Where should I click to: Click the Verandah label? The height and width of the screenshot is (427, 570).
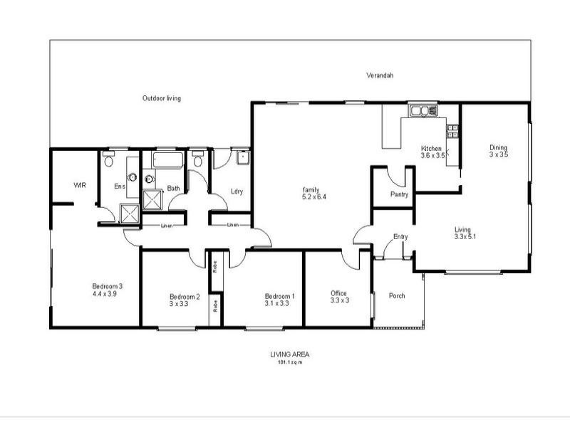coord(380,75)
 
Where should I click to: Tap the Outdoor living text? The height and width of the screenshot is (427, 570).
coord(161,98)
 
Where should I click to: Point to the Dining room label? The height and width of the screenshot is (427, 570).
coord(498,147)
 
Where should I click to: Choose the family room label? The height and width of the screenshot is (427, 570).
coord(310,189)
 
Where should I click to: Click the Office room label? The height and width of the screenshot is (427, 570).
coord(338,292)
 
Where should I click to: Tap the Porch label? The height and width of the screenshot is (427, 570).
coord(397,295)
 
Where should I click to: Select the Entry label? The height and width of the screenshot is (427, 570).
coord(400,237)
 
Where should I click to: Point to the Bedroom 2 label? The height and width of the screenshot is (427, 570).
coord(185,297)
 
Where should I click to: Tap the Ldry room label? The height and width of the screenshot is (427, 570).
coord(238,191)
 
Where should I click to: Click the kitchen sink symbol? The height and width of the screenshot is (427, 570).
coord(422,110)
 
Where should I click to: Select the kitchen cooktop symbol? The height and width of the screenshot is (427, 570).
coord(452,131)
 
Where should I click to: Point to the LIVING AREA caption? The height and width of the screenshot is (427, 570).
coord(289,354)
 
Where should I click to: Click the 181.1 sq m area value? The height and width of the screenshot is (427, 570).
coord(290,362)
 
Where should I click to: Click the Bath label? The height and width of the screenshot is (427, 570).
coord(174,189)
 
